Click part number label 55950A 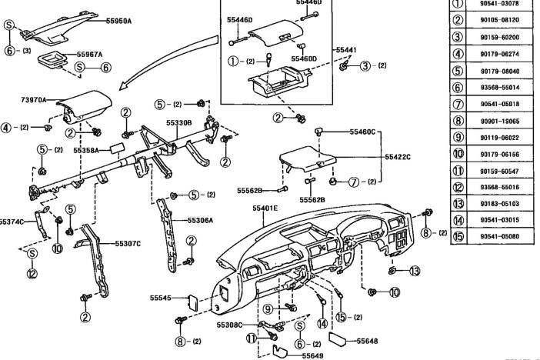[119, 21]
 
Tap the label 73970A [33, 100]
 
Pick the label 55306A [200, 219]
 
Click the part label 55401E [265, 208]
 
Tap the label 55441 [345, 48]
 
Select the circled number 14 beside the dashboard [322, 323]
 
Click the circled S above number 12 [32, 254]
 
